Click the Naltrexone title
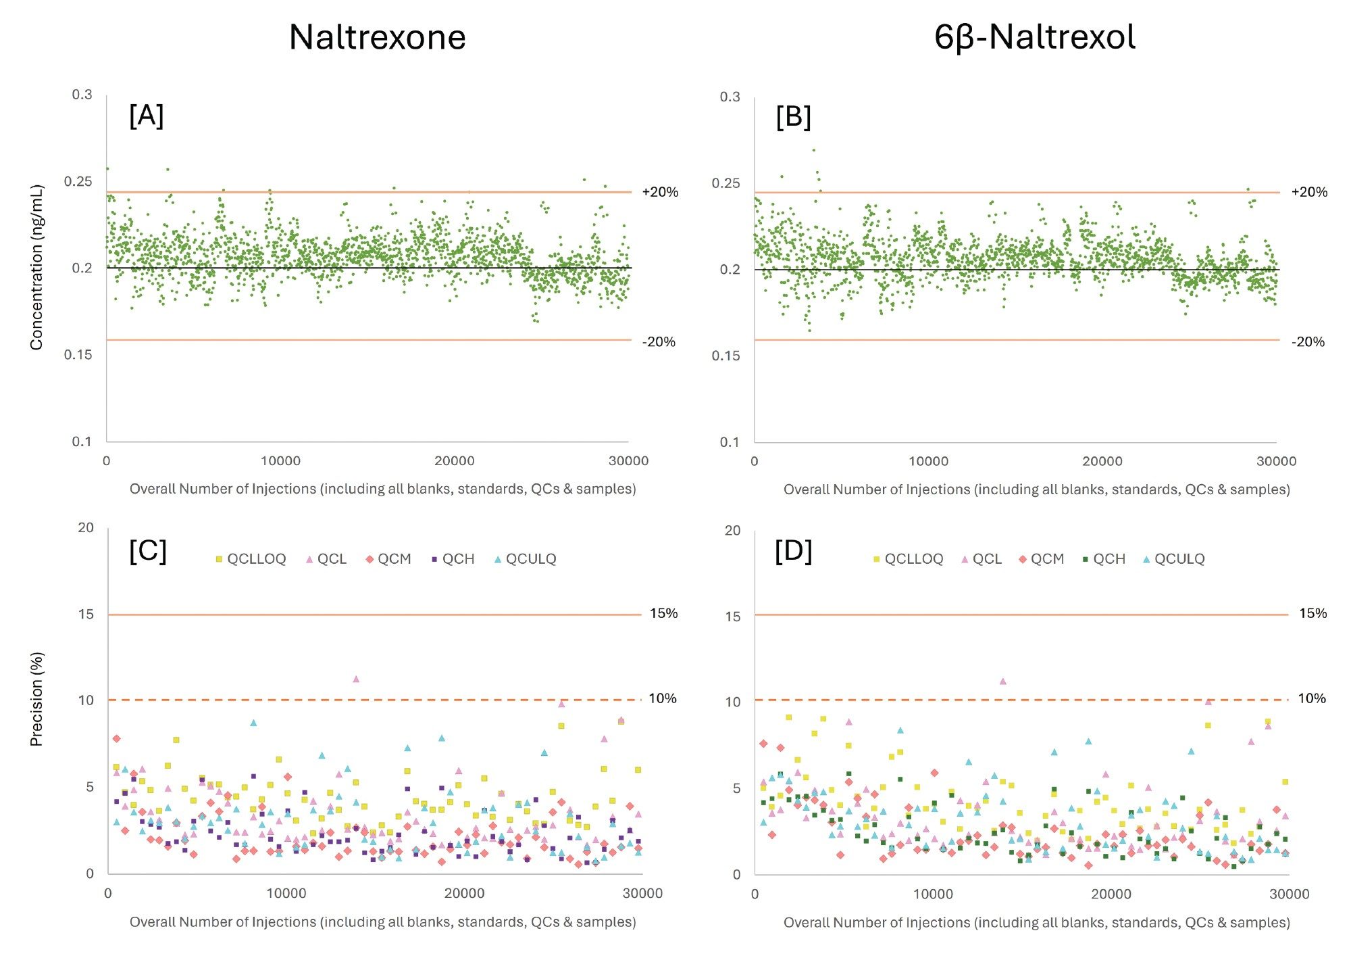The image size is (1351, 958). coord(377,37)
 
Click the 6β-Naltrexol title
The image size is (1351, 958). coord(1034,37)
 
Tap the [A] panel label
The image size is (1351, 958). coord(146,116)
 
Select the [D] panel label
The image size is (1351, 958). coord(793,551)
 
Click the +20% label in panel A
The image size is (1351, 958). coord(659,192)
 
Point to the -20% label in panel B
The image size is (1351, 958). coord(1308,342)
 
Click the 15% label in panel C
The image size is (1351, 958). coord(663,613)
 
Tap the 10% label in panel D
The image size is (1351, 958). coord(1311,698)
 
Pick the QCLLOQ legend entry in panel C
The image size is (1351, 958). coord(251,559)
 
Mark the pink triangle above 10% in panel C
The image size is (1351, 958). coord(356,679)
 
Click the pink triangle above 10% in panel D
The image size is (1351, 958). coord(1003,681)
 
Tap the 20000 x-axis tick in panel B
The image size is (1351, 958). coord(1102,461)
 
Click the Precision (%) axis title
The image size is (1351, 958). coord(36,699)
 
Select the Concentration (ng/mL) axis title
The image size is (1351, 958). coord(36,267)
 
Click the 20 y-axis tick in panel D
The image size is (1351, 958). coord(732,530)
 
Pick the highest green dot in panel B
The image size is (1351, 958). coord(813,150)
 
